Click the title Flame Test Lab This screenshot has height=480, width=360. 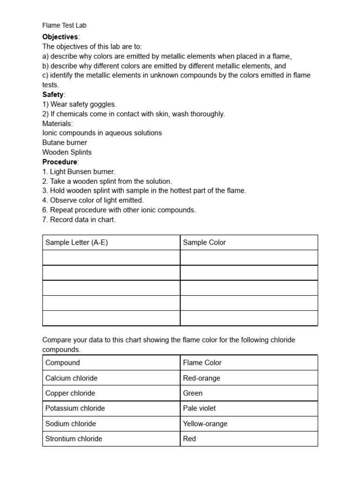tap(64, 25)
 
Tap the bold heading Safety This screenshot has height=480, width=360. tap(53, 94)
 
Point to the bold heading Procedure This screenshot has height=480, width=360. tap(60, 162)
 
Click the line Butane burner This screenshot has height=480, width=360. tap(65, 142)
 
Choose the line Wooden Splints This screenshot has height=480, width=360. tap(67, 152)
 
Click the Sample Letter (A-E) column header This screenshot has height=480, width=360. tap(76, 242)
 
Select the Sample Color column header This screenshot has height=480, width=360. tap(204, 242)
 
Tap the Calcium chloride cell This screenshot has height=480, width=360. tap(71, 378)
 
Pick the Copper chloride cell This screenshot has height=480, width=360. tap(70, 393)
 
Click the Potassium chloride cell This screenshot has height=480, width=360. tap(75, 408)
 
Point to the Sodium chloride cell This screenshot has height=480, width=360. tap(70, 423)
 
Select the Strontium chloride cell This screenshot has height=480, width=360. tap(74, 439)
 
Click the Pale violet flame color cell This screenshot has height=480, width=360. tap(200, 408)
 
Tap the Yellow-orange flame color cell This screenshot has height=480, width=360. tap(205, 423)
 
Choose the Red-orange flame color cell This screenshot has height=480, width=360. tap(202, 378)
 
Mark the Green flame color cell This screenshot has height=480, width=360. tap(193, 393)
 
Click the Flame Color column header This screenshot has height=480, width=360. tap(202, 362)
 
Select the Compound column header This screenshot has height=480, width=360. tap(63, 362)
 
